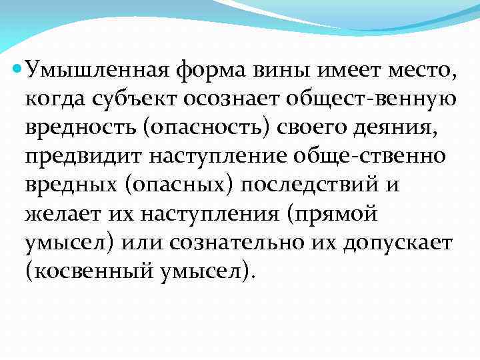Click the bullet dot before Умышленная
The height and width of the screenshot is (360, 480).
[x=17, y=67]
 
